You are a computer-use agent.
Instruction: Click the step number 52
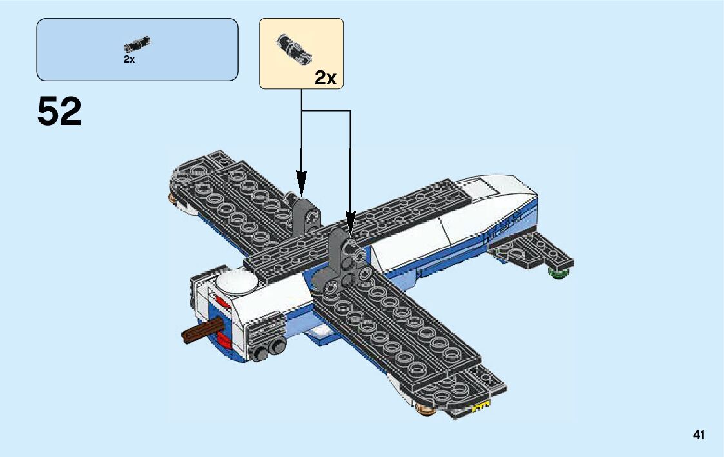pyautogui.click(x=59, y=112)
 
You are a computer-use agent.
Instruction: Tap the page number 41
pyautogui.click(x=699, y=435)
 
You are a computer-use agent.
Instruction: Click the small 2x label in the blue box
pyautogui.click(x=129, y=59)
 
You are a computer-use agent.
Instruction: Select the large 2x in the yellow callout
pyautogui.click(x=326, y=78)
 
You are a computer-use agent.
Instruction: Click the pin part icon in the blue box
pyautogui.click(x=137, y=44)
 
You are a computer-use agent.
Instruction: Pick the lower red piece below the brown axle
pyautogui.click(x=222, y=340)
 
